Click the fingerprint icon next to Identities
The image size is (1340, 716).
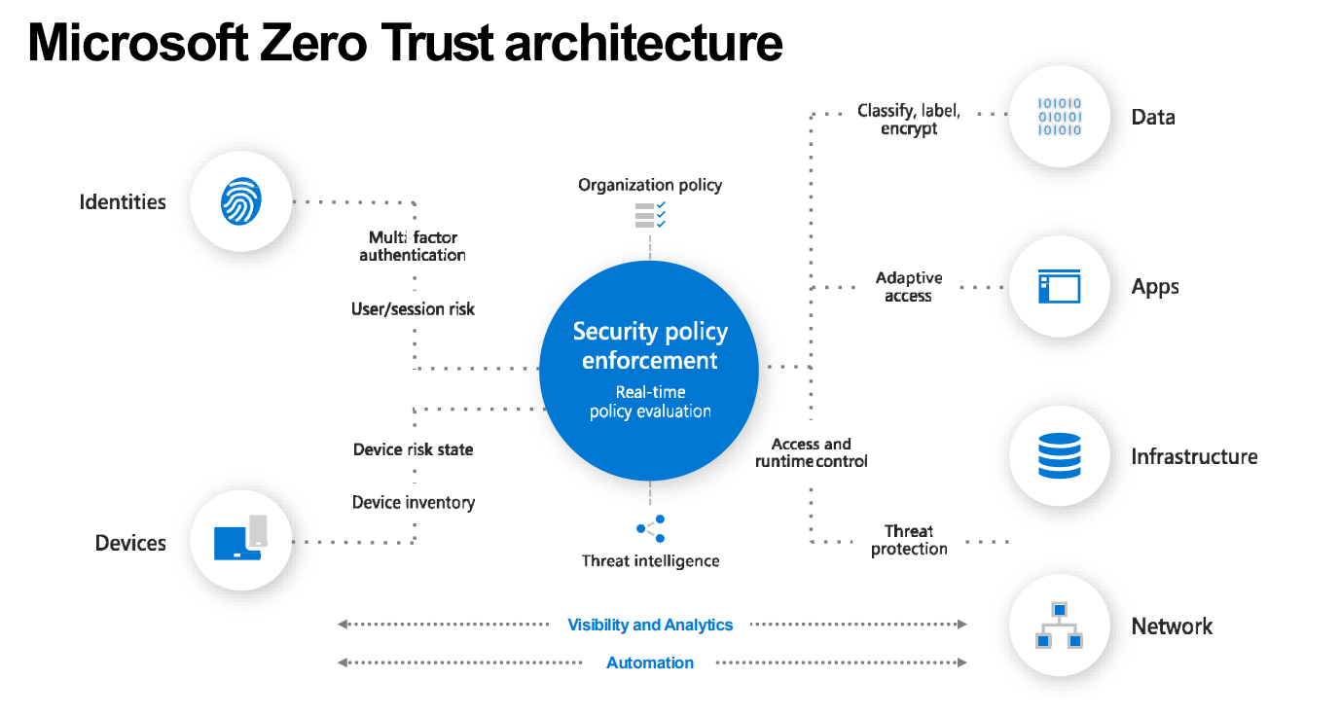(x=240, y=202)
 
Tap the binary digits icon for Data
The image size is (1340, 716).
(x=1060, y=117)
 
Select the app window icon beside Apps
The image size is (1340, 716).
(x=1060, y=287)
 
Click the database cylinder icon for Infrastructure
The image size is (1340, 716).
(x=1060, y=456)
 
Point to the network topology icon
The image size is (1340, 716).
(x=1060, y=626)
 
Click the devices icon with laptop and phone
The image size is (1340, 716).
(x=240, y=539)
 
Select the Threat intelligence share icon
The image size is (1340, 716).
(x=650, y=529)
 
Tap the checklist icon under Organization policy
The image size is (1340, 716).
(x=650, y=214)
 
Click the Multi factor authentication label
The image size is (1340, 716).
(x=413, y=246)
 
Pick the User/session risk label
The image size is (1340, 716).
(x=413, y=308)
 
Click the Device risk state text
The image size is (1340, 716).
(x=413, y=449)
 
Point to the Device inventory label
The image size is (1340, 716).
(x=413, y=502)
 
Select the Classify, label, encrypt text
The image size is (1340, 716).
(x=909, y=120)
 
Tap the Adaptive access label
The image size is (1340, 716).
(x=909, y=287)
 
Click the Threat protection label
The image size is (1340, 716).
(x=909, y=540)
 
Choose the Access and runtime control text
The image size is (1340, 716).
(x=812, y=452)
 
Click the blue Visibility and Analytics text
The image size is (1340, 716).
(x=650, y=625)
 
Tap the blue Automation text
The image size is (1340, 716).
(x=650, y=662)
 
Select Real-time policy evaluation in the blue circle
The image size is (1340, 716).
(x=650, y=402)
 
